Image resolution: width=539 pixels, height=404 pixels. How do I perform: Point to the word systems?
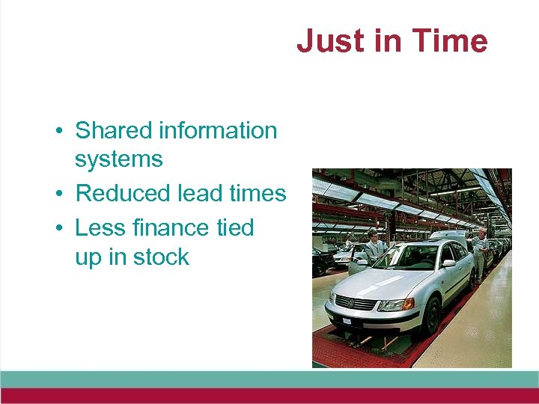click(118, 159)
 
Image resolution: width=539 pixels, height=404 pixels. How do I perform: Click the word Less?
click(101, 227)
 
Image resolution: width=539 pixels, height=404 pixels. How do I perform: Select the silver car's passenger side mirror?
click(448, 264)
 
